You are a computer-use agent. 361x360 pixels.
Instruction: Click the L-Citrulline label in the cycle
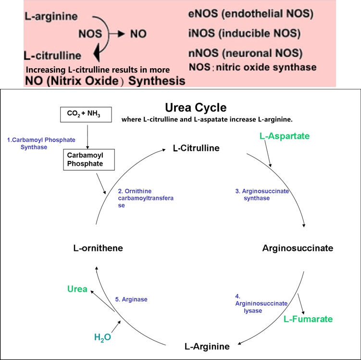(x=196, y=148)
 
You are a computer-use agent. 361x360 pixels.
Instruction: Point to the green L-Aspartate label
(x=285, y=136)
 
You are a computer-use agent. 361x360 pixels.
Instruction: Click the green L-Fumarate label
(x=308, y=319)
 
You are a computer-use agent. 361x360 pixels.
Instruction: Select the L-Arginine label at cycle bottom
(x=207, y=346)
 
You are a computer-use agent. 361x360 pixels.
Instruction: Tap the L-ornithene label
(x=98, y=248)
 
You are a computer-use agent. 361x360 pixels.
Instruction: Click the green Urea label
(x=77, y=289)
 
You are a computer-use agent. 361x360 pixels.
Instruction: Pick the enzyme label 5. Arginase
(x=131, y=299)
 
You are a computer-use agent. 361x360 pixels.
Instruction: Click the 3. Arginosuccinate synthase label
(x=262, y=195)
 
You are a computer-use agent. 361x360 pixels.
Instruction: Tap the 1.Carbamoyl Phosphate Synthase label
(x=41, y=143)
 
